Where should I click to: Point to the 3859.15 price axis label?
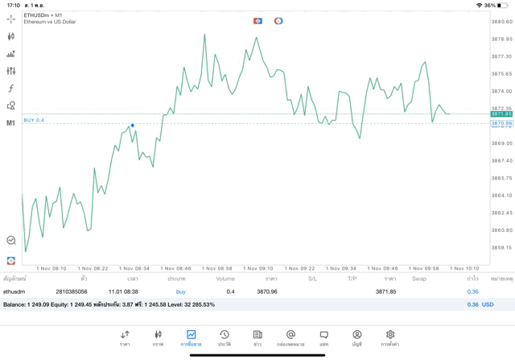tap(501, 247)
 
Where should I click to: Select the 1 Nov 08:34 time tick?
tap(134, 268)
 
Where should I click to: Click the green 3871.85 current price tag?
tap(501, 114)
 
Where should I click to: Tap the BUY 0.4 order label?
tap(34, 120)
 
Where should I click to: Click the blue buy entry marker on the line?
tap(132, 125)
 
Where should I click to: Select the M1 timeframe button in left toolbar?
tap(10, 123)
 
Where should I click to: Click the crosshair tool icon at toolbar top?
tap(10, 19)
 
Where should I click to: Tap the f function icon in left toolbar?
tap(10, 88)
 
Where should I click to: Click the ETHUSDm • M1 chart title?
tap(43, 15)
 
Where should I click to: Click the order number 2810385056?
tap(71, 291)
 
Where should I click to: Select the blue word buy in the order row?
tap(180, 291)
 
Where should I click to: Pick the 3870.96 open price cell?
tap(266, 291)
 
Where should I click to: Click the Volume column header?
tap(225, 279)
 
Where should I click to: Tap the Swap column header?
tap(418, 279)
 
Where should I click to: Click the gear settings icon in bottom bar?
tap(390, 334)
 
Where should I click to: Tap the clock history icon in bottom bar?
tap(224, 334)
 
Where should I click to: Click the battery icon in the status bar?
tap(504, 5)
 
